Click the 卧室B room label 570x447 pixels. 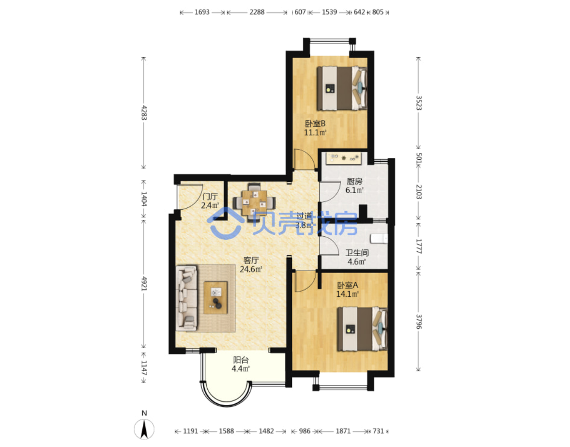click(x=315, y=123)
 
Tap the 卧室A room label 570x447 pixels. click(x=348, y=285)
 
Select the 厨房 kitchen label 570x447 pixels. click(x=354, y=181)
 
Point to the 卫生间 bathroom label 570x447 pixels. click(x=357, y=253)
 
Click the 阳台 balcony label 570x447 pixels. click(x=241, y=360)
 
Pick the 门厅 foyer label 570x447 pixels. click(x=210, y=197)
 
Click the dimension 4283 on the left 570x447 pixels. click(x=144, y=113)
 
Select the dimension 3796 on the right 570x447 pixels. click(x=419, y=322)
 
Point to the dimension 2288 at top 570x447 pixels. click(x=257, y=12)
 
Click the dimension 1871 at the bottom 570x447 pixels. click(x=343, y=431)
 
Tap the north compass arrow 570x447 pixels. click(x=144, y=429)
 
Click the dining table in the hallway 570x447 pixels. click(x=254, y=202)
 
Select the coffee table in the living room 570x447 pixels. click(x=216, y=298)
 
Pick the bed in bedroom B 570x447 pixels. click(x=342, y=88)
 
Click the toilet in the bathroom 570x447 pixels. click(x=379, y=239)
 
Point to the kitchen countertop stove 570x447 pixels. click(x=344, y=158)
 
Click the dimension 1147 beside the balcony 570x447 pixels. click(x=144, y=368)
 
